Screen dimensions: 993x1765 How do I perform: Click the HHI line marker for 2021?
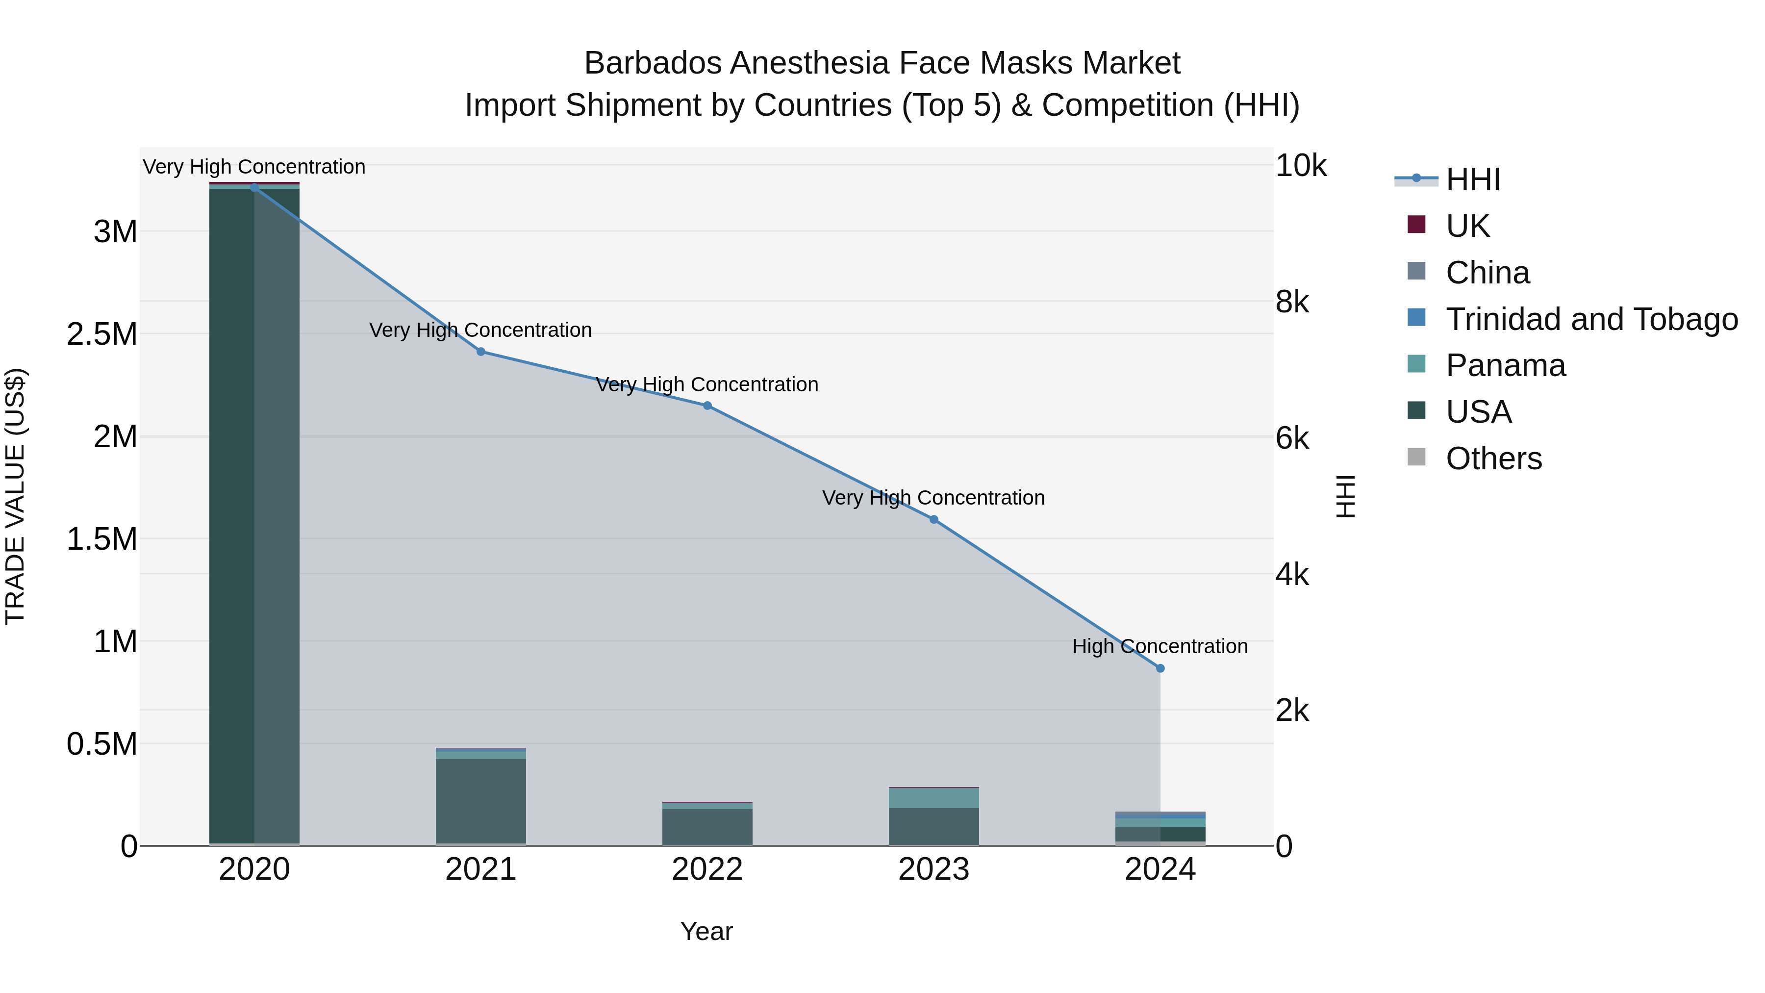coord(481,352)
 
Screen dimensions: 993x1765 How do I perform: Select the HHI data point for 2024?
coord(1160,668)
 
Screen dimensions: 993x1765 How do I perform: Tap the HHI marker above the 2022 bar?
coord(707,406)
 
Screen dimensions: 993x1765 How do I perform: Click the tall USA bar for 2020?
coord(254,514)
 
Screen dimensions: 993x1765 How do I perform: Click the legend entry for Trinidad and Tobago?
coord(1591,319)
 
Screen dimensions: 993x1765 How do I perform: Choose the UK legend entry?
coord(1467,226)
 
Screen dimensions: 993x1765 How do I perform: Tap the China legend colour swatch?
coord(1416,271)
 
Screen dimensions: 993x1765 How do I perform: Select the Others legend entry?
coord(1494,458)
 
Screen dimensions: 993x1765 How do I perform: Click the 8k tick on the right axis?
coord(1292,302)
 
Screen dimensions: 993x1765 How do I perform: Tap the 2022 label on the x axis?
coord(707,869)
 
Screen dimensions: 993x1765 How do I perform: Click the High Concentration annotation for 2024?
coord(1160,646)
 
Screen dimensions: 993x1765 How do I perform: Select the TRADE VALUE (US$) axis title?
coord(15,496)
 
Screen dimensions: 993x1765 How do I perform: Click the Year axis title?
coord(706,931)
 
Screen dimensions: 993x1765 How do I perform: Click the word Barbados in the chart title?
coord(653,63)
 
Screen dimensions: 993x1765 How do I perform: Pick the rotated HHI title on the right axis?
coord(1346,496)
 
